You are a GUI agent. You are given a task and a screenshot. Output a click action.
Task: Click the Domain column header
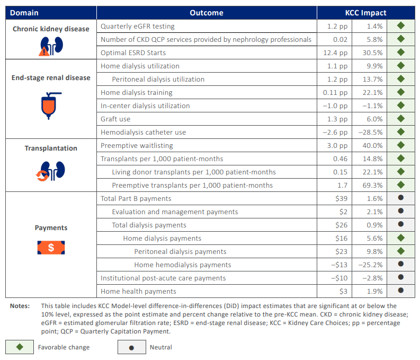(24, 13)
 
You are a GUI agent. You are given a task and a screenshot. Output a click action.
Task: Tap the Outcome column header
(206, 13)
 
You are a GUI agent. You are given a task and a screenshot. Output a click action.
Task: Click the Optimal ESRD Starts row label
(133, 52)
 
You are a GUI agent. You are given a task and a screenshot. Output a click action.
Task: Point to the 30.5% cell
(372, 52)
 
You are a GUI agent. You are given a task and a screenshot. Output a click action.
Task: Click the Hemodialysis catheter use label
(143, 132)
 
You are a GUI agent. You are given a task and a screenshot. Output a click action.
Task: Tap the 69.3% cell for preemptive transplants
(372, 185)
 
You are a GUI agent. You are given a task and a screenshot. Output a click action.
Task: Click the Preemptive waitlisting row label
(137, 145)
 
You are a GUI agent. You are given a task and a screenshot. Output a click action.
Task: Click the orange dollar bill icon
(51, 248)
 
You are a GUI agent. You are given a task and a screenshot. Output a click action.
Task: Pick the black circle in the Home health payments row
(401, 291)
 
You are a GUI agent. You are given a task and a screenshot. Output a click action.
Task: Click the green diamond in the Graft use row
(401, 119)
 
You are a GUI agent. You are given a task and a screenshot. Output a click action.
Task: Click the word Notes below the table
(20, 306)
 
